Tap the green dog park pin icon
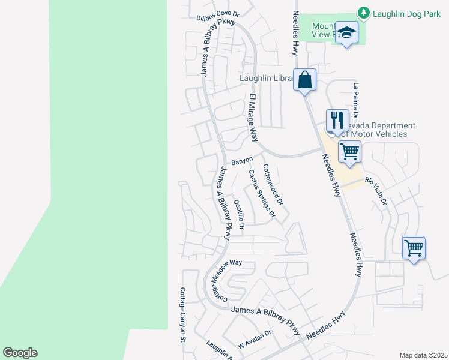tap(363, 12)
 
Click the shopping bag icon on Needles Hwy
tap(304, 79)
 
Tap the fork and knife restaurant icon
tap(337, 120)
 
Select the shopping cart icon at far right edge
tap(414, 247)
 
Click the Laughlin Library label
tap(266, 78)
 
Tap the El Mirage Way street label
tap(253, 118)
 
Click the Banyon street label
tap(242, 161)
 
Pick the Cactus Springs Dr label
tap(262, 193)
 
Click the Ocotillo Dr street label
tap(239, 215)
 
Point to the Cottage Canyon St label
tap(183, 314)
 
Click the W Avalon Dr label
tap(255, 339)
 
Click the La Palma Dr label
tap(356, 100)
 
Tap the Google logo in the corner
tap(20, 353)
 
